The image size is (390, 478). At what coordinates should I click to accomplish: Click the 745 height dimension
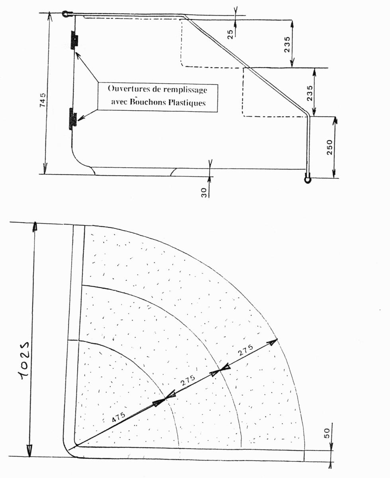pos(43,99)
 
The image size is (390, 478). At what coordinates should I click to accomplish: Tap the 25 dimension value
pos(230,34)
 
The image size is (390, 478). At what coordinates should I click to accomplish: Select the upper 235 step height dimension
pos(287,45)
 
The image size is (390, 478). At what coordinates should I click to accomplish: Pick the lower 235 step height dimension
pos(309,93)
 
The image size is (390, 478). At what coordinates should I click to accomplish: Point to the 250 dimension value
pos(329,147)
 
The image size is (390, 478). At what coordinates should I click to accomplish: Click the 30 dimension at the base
pos(204,193)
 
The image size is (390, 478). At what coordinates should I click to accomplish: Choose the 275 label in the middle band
pos(188,380)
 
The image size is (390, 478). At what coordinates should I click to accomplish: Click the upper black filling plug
pos(74,40)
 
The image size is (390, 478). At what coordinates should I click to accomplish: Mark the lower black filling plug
pos(73,119)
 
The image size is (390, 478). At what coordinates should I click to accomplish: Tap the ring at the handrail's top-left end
pos(65,14)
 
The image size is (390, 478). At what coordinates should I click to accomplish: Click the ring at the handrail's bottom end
pos(308,179)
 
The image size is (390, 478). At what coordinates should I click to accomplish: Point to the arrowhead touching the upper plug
pos(78,55)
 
